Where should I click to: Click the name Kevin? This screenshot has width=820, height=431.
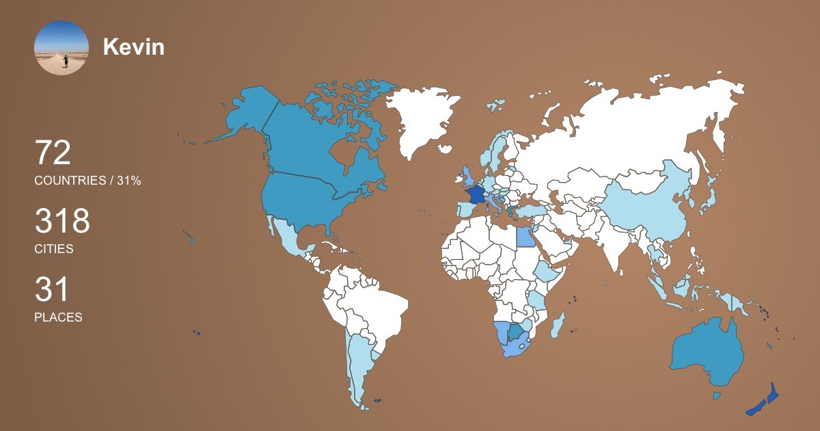(x=133, y=47)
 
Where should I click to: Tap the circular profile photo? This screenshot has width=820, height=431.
(x=61, y=47)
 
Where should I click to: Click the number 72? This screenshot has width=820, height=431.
(x=53, y=153)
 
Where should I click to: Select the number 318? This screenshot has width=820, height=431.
(x=62, y=222)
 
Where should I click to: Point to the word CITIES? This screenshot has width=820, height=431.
(x=53, y=249)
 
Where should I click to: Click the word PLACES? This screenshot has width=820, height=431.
(x=58, y=317)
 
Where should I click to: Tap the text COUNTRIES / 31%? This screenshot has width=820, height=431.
(x=87, y=181)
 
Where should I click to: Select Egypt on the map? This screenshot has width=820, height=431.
(x=525, y=237)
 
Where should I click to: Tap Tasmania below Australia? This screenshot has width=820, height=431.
(x=717, y=396)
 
